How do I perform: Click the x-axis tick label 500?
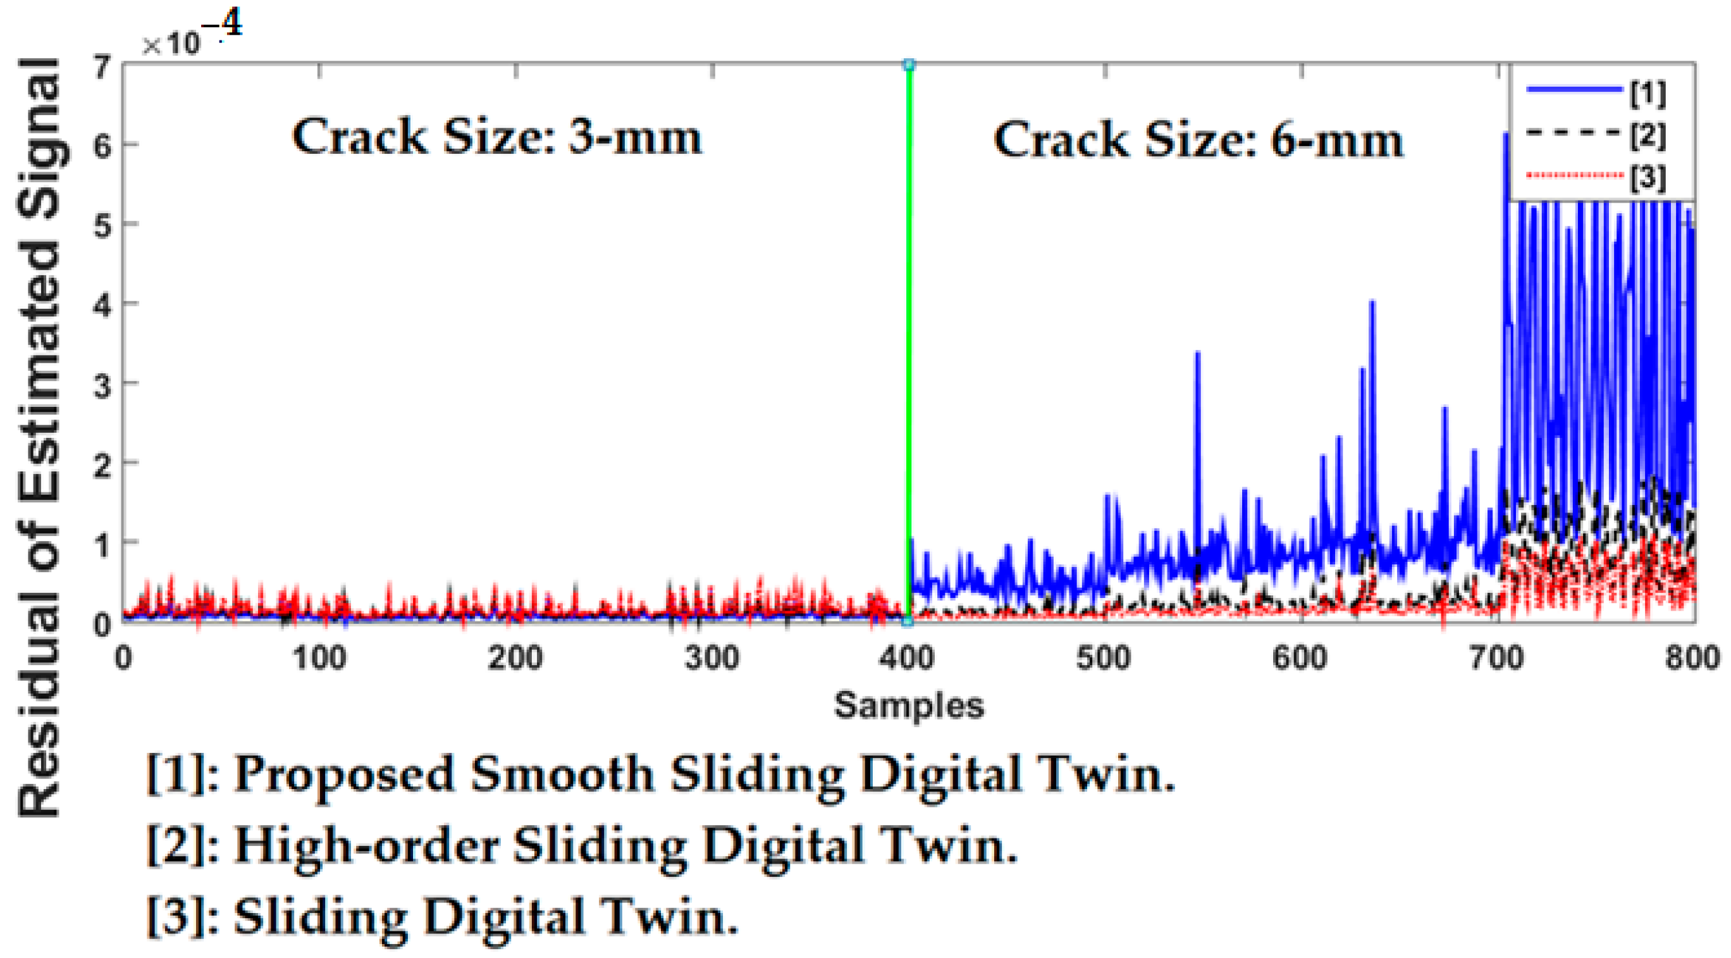(x=1104, y=658)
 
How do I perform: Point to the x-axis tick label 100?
(x=319, y=658)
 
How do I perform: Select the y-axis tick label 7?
(x=102, y=67)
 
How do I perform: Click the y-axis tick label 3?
(x=102, y=385)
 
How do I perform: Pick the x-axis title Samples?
(x=908, y=706)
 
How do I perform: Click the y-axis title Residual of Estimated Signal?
(x=40, y=437)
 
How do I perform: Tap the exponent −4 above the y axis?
(x=222, y=25)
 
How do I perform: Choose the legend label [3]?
(x=1648, y=177)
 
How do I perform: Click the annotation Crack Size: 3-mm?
(x=496, y=138)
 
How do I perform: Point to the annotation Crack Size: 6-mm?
(x=1198, y=140)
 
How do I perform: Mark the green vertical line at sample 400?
(x=909, y=336)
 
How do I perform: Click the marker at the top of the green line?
(x=909, y=65)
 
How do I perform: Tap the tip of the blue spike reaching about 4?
(x=1372, y=302)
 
